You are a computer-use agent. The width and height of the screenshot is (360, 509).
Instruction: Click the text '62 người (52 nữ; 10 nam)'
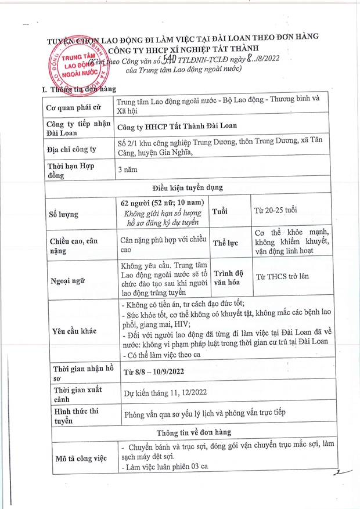click(162, 203)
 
